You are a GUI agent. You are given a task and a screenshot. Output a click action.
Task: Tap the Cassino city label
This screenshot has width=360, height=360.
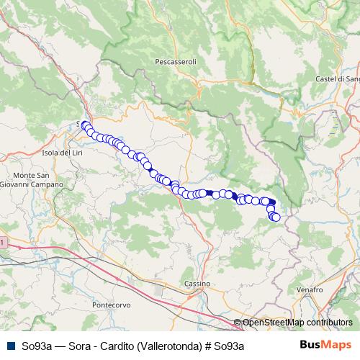[x=197, y=284]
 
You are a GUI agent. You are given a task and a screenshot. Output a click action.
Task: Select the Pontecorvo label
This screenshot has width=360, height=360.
[x=112, y=305]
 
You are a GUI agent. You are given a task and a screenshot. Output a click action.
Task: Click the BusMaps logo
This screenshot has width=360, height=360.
[x=325, y=345]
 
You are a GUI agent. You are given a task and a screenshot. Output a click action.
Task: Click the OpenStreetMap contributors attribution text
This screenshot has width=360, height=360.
[x=297, y=323]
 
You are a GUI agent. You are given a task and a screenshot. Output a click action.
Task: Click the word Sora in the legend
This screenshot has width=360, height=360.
[x=82, y=346]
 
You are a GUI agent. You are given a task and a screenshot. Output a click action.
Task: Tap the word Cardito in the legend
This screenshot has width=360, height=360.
[x=118, y=346]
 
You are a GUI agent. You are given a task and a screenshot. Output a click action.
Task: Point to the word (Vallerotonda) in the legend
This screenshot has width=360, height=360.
[x=171, y=346]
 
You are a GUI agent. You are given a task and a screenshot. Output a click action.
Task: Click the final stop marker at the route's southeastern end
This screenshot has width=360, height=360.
[x=276, y=217]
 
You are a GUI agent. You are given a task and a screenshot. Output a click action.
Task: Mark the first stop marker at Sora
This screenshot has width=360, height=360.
[x=84, y=125]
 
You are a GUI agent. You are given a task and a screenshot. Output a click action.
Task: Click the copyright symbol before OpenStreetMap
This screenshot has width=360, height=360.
[x=238, y=323]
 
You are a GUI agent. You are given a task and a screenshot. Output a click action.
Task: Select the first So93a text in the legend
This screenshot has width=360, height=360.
[x=37, y=346]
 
